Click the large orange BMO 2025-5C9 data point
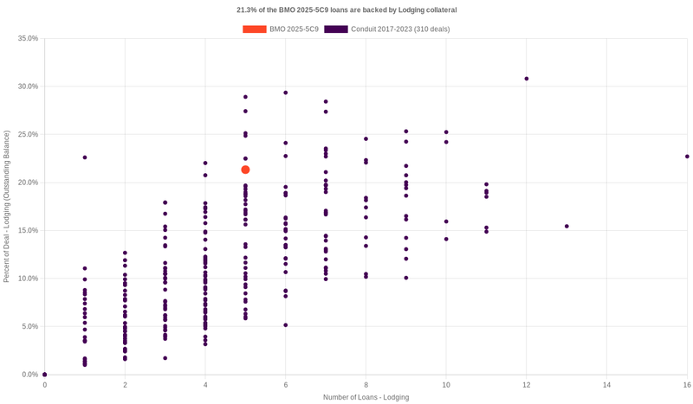coord(245,170)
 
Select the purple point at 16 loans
coord(687,157)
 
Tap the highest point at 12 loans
coord(527,79)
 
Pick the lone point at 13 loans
coord(567,227)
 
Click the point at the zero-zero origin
coord(45,375)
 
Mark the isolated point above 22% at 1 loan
coord(85,157)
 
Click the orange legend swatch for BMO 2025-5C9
coord(255,29)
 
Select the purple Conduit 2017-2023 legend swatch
coord(336,29)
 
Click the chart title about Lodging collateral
coord(346,10)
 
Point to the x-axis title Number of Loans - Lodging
coord(366,397)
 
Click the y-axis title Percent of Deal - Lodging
coord(7,207)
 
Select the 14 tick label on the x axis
coord(606,384)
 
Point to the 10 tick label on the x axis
coord(446,384)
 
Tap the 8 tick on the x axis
coord(366,384)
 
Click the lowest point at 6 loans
coord(286,325)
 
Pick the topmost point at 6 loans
coord(286,93)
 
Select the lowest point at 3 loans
coord(165,358)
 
